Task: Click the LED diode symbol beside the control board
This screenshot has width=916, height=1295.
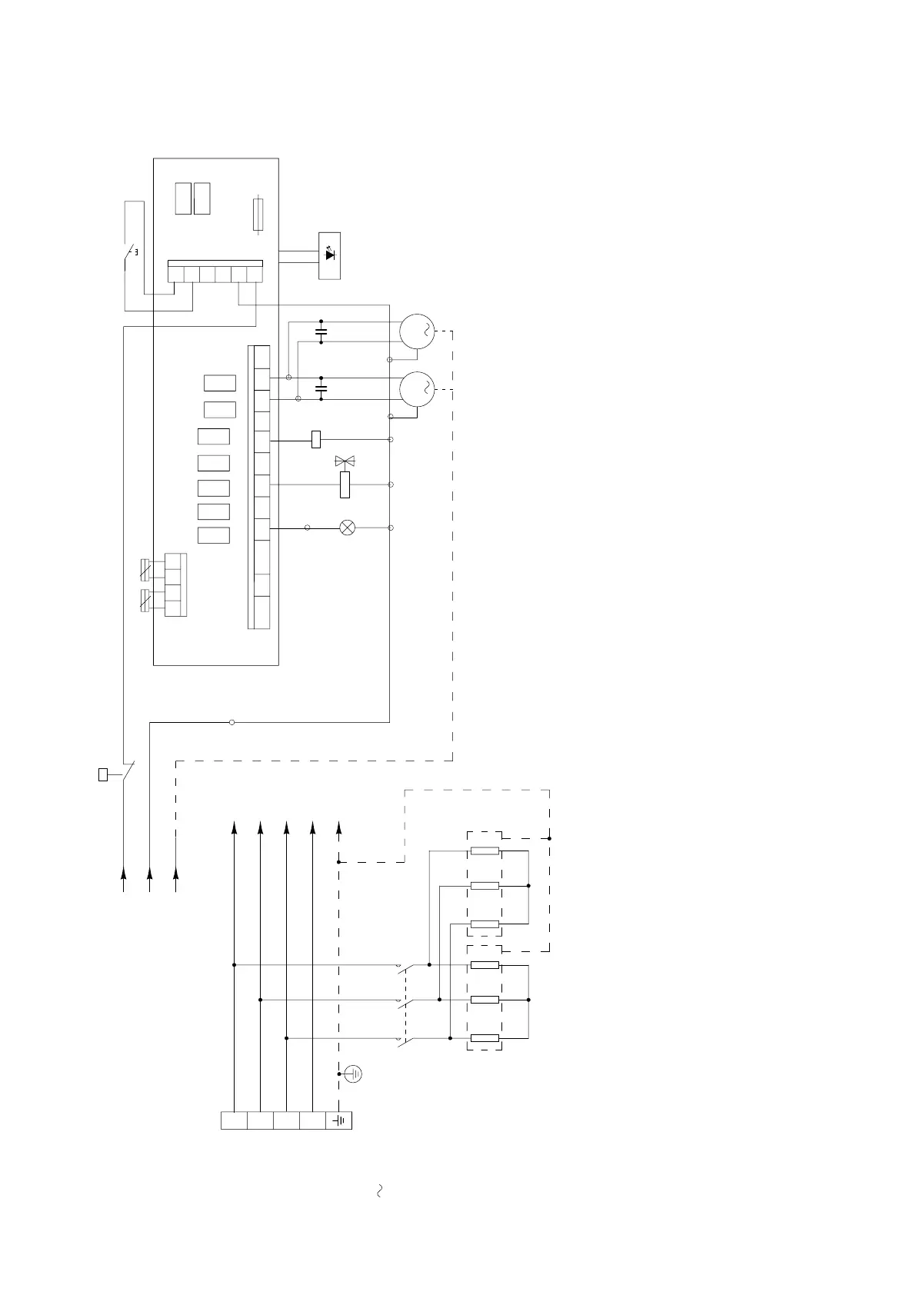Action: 330,255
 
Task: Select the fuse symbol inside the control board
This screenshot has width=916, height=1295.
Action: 258,215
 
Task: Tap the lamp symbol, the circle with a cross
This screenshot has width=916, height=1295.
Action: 348,528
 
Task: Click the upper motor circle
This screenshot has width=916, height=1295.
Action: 416,332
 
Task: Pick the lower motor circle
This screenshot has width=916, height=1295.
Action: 416,389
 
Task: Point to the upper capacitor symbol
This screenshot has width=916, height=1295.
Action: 321,332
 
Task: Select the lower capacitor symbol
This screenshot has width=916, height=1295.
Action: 321,389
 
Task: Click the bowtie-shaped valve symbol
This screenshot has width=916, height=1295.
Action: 345,461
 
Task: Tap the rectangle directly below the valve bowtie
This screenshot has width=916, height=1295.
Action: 345,484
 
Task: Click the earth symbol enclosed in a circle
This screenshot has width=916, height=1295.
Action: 354,1074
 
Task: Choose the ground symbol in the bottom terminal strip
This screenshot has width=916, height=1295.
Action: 339,1120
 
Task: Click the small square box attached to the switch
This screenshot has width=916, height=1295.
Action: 103,774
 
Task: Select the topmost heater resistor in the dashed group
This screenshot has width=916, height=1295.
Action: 485,851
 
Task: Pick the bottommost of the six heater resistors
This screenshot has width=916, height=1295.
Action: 485,1038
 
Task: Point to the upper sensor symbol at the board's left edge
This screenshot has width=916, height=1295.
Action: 145,570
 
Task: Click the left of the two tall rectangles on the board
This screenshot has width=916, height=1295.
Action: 182,198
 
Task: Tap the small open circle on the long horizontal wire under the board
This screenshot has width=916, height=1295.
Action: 232,722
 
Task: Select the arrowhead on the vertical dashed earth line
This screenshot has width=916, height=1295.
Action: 338,827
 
